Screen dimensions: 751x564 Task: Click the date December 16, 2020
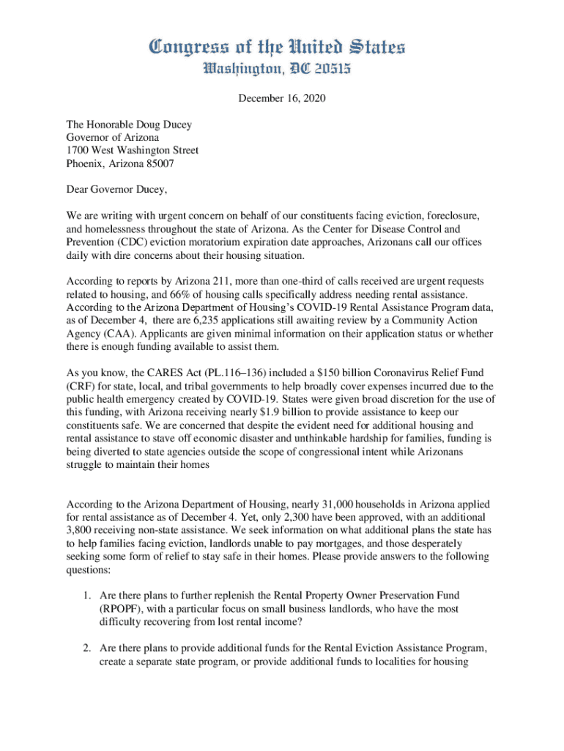(x=282, y=98)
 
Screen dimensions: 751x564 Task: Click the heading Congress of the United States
(x=282, y=48)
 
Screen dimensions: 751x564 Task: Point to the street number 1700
(x=79, y=150)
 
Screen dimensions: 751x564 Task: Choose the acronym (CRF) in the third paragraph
(x=80, y=385)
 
